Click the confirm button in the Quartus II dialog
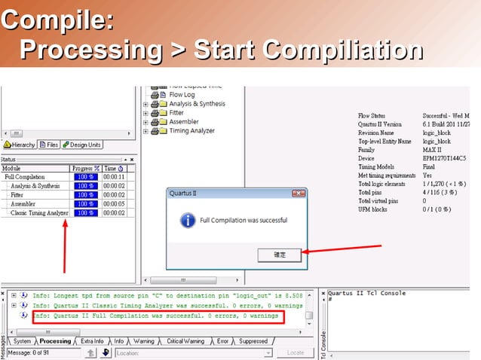(279, 255)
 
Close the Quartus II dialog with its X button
(299, 194)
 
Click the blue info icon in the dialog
(188, 221)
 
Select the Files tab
(50, 145)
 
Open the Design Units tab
(82, 145)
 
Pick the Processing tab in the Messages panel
(55, 341)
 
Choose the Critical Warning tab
(184, 341)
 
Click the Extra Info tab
(92, 341)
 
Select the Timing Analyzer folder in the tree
(191, 130)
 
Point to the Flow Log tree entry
(182, 95)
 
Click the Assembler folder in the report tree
(183, 121)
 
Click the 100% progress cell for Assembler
(85, 203)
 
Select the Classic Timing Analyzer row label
(39, 212)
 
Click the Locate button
(296, 352)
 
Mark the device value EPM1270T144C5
(444, 159)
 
